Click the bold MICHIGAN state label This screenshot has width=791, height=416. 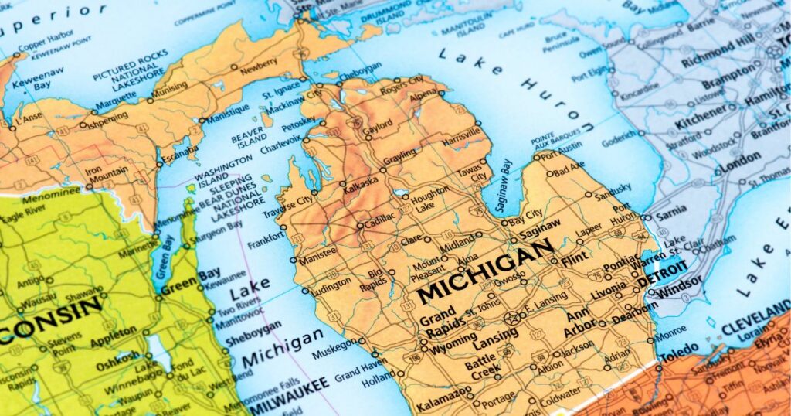pyautogui.click(x=485, y=271)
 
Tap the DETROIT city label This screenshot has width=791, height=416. pyautogui.click(x=662, y=274)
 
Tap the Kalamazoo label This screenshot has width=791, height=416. pyautogui.click(x=443, y=404)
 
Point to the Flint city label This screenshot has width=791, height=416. pyautogui.click(x=573, y=263)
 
